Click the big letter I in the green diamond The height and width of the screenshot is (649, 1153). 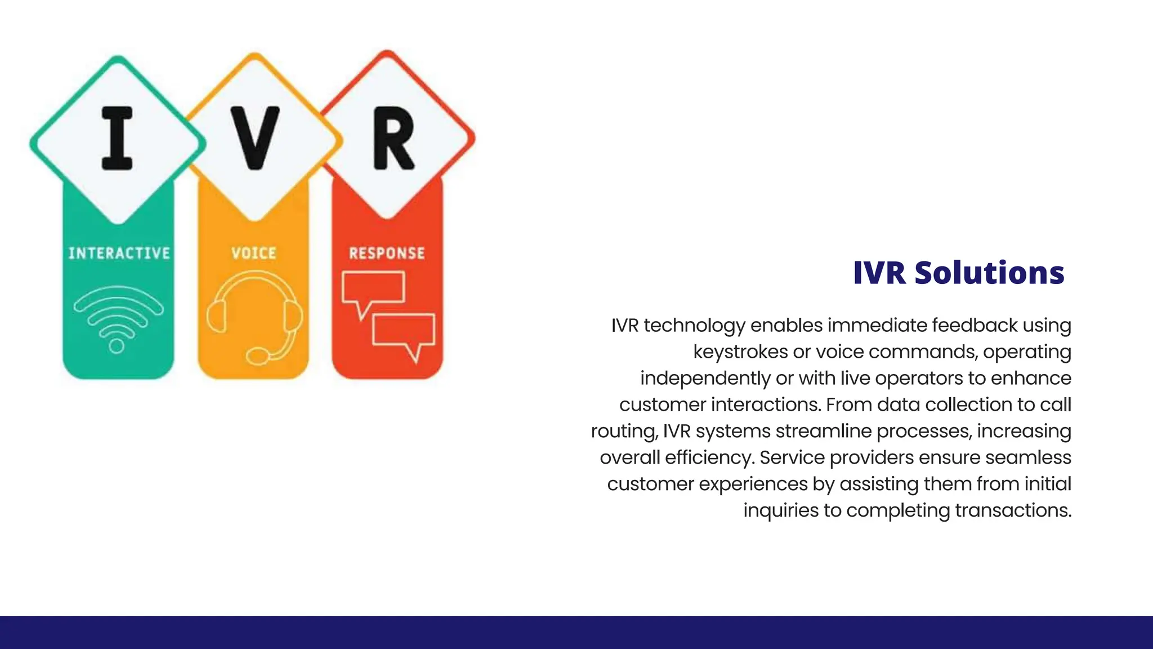[117, 138]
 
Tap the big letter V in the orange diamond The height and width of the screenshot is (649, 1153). [255, 138]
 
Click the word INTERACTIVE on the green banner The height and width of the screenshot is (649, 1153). [119, 253]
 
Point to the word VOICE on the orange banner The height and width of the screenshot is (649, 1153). [254, 253]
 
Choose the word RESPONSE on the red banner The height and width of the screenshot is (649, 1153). [387, 253]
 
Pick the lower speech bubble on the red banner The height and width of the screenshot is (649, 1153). [404, 332]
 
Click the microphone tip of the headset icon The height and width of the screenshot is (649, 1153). [258, 357]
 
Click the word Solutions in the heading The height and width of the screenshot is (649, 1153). [989, 273]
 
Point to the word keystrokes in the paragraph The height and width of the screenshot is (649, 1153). [740, 352]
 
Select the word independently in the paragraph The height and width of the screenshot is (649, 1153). [705, 379]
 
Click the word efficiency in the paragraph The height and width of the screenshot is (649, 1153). [709, 457]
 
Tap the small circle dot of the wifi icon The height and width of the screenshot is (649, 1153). [117, 346]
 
